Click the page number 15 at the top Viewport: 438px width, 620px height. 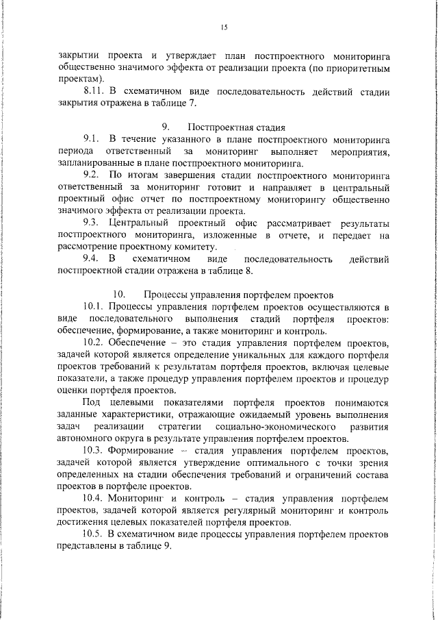(224, 28)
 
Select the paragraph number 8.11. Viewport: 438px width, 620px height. (94, 91)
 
